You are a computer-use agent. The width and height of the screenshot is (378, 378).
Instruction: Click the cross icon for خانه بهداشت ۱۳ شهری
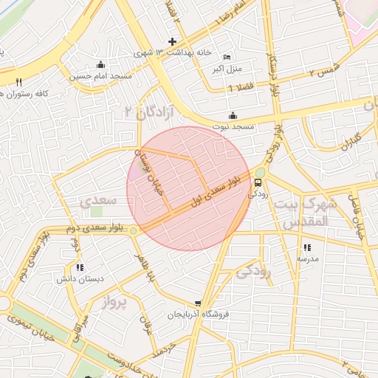point(173,41)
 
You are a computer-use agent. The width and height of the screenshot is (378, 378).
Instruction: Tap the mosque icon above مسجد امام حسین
point(101,64)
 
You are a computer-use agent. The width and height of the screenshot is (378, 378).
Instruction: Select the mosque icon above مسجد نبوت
point(233,115)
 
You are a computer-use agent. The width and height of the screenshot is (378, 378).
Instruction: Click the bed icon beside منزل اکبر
point(227,58)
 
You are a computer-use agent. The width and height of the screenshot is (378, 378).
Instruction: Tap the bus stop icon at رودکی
point(258,182)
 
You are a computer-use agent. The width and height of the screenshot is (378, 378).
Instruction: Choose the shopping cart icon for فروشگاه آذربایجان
point(198,303)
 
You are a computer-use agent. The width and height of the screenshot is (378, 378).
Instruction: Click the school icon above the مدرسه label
point(307,247)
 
